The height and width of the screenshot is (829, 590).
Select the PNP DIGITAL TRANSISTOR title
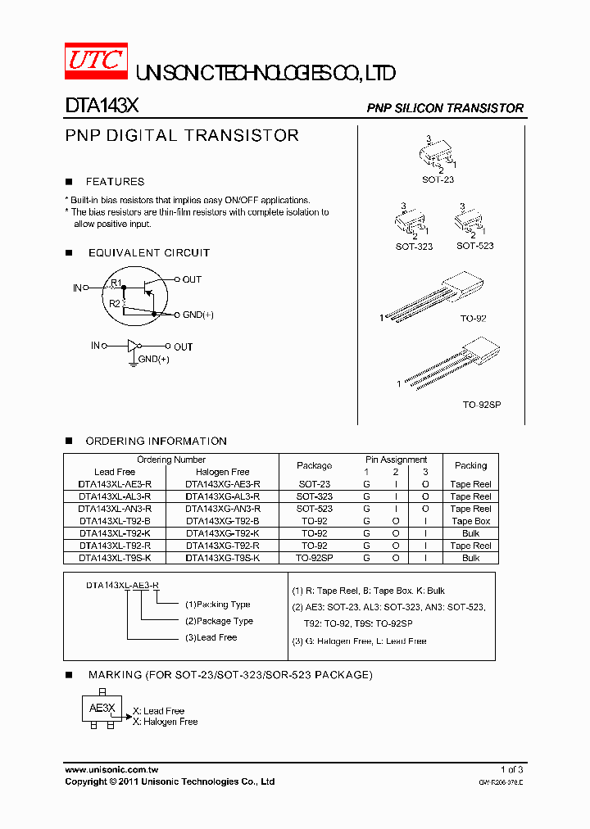tap(182, 136)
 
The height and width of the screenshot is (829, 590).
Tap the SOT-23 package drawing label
tap(438, 179)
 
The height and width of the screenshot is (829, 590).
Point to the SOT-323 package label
tap(414, 247)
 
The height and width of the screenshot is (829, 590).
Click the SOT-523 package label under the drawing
tap(474, 246)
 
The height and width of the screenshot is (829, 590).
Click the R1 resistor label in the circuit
tap(116, 283)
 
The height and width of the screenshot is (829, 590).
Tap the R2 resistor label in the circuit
tap(116, 303)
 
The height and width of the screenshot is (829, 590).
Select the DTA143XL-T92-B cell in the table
tap(115, 521)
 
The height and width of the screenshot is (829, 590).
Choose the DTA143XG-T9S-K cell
tap(222, 558)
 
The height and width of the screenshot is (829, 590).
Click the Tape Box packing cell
tap(470, 521)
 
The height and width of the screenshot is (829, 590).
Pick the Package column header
tap(314, 465)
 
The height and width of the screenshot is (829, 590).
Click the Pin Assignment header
tap(396, 460)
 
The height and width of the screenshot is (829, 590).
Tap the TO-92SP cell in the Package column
tap(314, 558)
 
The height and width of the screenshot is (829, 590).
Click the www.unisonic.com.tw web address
tap(111, 770)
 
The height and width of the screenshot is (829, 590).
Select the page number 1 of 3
tap(511, 770)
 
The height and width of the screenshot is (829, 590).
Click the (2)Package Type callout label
tap(219, 621)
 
